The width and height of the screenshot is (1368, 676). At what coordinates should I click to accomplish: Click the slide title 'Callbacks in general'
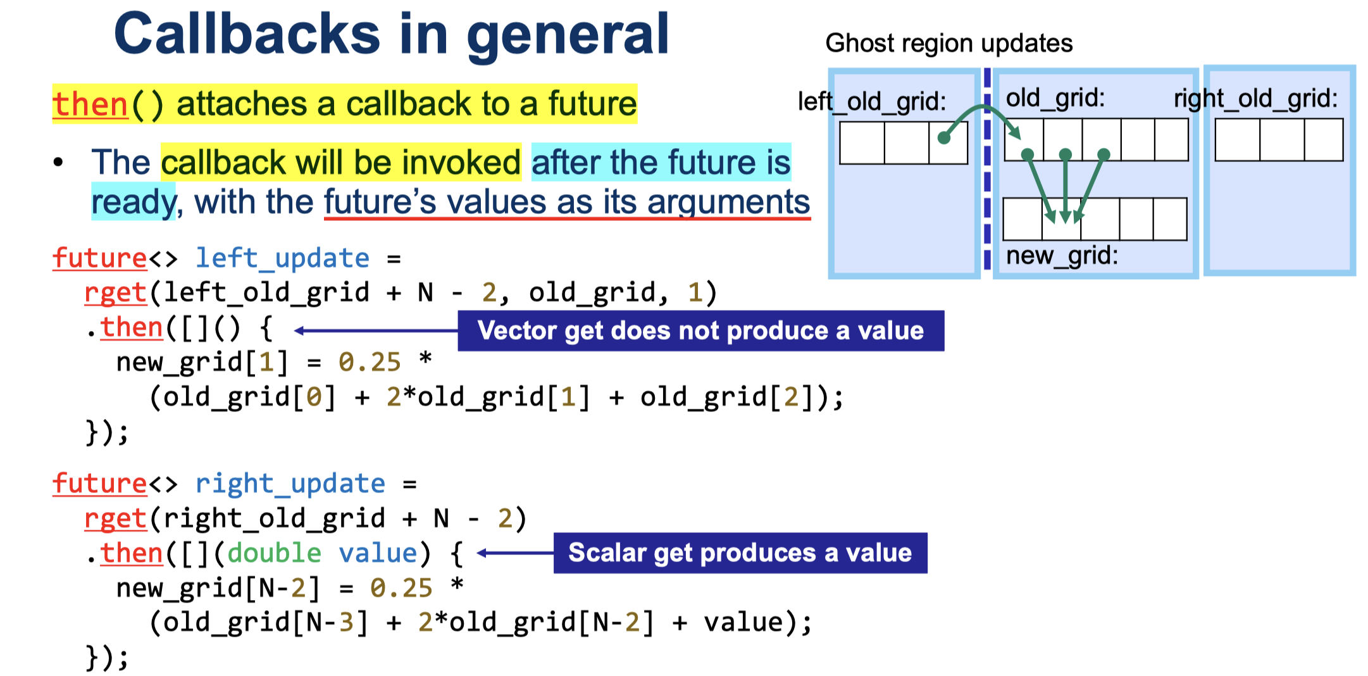(x=391, y=34)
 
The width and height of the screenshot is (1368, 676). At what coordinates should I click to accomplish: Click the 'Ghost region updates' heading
(x=949, y=43)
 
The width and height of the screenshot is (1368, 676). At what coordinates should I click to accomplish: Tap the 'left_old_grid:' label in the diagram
(x=872, y=101)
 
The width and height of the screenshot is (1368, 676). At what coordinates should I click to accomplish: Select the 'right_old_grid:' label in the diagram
(x=1256, y=99)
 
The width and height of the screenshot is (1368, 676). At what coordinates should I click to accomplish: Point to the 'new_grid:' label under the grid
(x=1062, y=256)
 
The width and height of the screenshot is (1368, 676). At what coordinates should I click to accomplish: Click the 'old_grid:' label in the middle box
(x=1055, y=98)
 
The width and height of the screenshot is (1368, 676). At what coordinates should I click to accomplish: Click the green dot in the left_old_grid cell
(x=943, y=138)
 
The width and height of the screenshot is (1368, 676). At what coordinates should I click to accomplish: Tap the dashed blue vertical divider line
(x=987, y=169)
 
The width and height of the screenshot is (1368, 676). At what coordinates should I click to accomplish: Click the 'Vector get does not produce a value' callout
(x=701, y=330)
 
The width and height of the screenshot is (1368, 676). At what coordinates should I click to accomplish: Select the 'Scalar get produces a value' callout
(x=740, y=553)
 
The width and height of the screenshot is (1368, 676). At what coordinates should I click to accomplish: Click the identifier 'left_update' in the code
(x=282, y=258)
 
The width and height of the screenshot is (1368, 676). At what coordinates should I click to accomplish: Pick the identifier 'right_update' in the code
(x=290, y=484)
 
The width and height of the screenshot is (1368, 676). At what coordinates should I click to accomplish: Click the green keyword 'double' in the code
(x=274, y=553)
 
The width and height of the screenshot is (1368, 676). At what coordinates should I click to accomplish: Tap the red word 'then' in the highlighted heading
(x=90, y=104)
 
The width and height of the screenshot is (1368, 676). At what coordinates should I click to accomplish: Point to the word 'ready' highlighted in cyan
(x=134, y=203)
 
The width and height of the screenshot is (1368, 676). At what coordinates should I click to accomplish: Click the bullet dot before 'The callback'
(x=59, y=163)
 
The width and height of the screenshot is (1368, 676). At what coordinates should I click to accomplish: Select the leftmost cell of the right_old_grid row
(x=1238, y=141)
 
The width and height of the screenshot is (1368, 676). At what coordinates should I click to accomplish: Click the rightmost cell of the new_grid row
(x=1170, y=219)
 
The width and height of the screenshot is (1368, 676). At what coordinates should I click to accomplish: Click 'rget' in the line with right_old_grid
(x=116, y=519)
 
